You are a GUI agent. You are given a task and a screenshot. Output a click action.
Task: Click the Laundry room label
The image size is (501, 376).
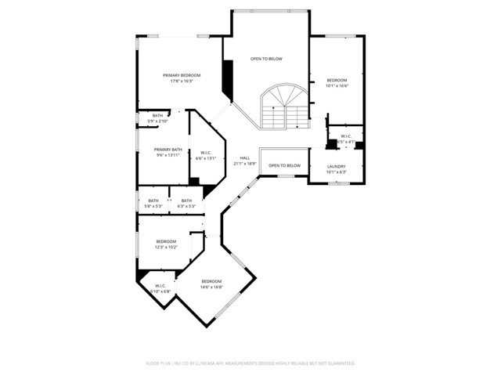[x=336, y=166]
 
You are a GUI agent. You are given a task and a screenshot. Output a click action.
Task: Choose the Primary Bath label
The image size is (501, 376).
[x=168, y=150]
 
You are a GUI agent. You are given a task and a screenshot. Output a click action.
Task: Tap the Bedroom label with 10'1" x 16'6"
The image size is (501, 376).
[x=337, y=81]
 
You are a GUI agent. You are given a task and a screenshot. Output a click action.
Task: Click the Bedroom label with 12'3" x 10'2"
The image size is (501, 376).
[x=166, y=241]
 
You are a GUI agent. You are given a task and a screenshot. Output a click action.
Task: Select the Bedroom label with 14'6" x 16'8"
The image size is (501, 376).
[x=211, y=281]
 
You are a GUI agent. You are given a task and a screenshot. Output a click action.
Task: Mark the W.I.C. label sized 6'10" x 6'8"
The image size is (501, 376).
[x=160, y=286]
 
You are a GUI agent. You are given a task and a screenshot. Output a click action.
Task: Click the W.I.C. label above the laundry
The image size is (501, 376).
[x=345, y=136]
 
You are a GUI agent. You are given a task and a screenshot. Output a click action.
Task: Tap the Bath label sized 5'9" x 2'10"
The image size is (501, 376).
[x=157, y=116]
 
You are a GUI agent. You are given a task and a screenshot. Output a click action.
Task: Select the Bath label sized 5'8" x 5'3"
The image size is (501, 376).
[x=153, y=201]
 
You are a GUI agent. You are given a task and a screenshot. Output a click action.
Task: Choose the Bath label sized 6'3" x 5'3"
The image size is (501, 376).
[x=186, y=201]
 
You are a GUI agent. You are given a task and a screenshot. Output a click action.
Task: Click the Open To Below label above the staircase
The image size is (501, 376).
[x=266, y=59]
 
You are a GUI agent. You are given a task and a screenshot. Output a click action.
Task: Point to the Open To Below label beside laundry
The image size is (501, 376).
[x=284, y=165]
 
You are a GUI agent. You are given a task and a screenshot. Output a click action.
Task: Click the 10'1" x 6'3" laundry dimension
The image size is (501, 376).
[x=336, y=172]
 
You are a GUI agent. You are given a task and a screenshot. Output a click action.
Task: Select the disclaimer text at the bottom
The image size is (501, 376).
[x=250, y=363]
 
